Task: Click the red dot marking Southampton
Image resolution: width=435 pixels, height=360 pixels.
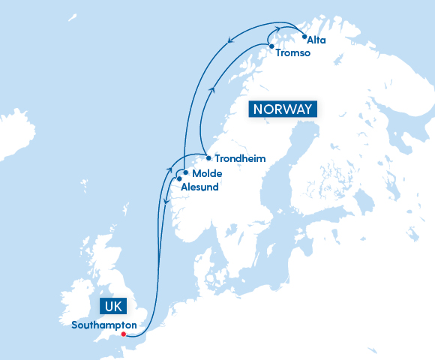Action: [124, 334]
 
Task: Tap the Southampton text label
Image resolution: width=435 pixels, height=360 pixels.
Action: [103, 325]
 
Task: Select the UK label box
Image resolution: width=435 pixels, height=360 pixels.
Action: [113, 307]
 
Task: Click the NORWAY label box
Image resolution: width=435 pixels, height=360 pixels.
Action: [283, 109]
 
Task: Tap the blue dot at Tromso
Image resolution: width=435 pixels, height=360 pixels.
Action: [271, 46]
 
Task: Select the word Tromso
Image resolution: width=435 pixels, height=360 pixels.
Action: [292, 53]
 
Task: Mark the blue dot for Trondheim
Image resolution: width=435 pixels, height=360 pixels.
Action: [208, 158]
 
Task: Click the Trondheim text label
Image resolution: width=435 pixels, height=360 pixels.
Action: [240, 159]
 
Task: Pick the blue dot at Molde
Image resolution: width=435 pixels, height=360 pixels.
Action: [185, 172]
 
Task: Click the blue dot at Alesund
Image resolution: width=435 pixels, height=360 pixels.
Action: [178, 178]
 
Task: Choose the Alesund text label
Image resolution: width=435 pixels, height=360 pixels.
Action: [199, 187]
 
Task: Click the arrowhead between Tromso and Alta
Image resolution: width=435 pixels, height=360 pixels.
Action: [288, 28]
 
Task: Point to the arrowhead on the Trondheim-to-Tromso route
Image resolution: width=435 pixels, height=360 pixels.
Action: [213, 90]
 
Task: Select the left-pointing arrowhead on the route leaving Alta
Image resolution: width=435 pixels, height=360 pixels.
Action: [229, 41]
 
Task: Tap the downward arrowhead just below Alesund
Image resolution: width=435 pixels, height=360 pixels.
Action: [165, 201]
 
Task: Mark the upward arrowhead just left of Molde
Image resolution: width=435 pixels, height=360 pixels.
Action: [168, 172]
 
